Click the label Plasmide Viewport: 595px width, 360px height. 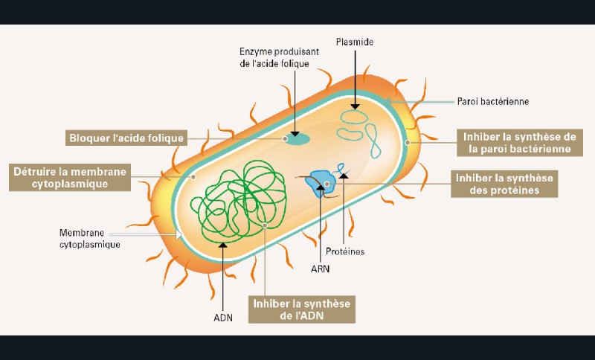355,42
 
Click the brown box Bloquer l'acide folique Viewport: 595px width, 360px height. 125,138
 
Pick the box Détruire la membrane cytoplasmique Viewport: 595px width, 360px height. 70,176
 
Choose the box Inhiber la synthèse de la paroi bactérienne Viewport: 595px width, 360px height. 519,142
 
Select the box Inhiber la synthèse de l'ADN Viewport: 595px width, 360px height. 301,309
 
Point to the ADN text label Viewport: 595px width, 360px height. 224,318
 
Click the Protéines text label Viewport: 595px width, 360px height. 345,251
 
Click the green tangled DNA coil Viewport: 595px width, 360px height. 229,198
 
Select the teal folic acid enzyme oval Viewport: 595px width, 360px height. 297,138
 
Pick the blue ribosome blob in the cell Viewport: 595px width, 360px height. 322,179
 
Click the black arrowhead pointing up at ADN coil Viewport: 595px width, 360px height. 224,245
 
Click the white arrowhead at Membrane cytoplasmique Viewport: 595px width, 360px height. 178,234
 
